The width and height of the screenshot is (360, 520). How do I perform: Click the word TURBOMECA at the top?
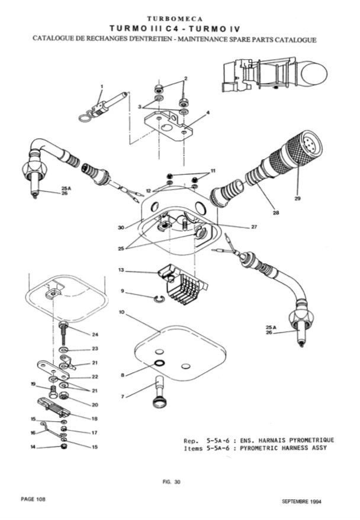coord(175,18)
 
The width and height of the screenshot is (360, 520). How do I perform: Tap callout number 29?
coord(297,198)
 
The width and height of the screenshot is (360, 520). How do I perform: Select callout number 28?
coord(276,212)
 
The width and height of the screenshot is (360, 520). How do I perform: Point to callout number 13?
coord(121,270)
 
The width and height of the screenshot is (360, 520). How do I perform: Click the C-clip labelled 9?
coord(160,299)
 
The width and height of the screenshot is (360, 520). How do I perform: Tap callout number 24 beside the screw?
coord(95,335)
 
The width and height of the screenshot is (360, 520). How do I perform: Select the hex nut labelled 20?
coord(64,395)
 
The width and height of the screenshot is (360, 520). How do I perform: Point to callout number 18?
coord(95,418)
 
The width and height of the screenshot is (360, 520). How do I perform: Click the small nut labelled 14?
coord(63,447)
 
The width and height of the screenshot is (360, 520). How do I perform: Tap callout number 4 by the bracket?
coord(208,113)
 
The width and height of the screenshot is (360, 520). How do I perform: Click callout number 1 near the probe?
coord(102,86)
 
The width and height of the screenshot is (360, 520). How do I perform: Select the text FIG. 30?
coord(174,482)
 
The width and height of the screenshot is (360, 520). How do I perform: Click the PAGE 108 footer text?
coord(33,499)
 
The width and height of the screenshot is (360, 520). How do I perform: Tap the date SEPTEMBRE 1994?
coord(301,502)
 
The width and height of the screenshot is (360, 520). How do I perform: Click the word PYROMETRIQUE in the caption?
coord(311,440)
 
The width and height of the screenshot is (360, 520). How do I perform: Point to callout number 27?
coord(254,227)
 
